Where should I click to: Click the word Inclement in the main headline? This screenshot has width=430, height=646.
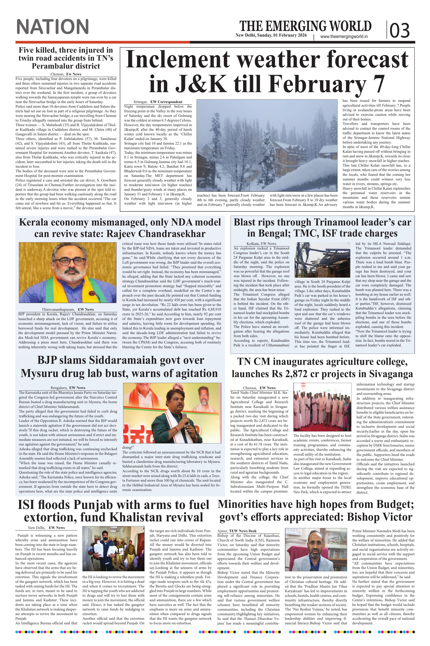point(178,60)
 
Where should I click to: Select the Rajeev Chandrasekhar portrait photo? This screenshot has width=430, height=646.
point(67,272)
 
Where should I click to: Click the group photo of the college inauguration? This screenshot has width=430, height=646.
point(322,407)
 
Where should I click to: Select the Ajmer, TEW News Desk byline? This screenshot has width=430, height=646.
point(237,531)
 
